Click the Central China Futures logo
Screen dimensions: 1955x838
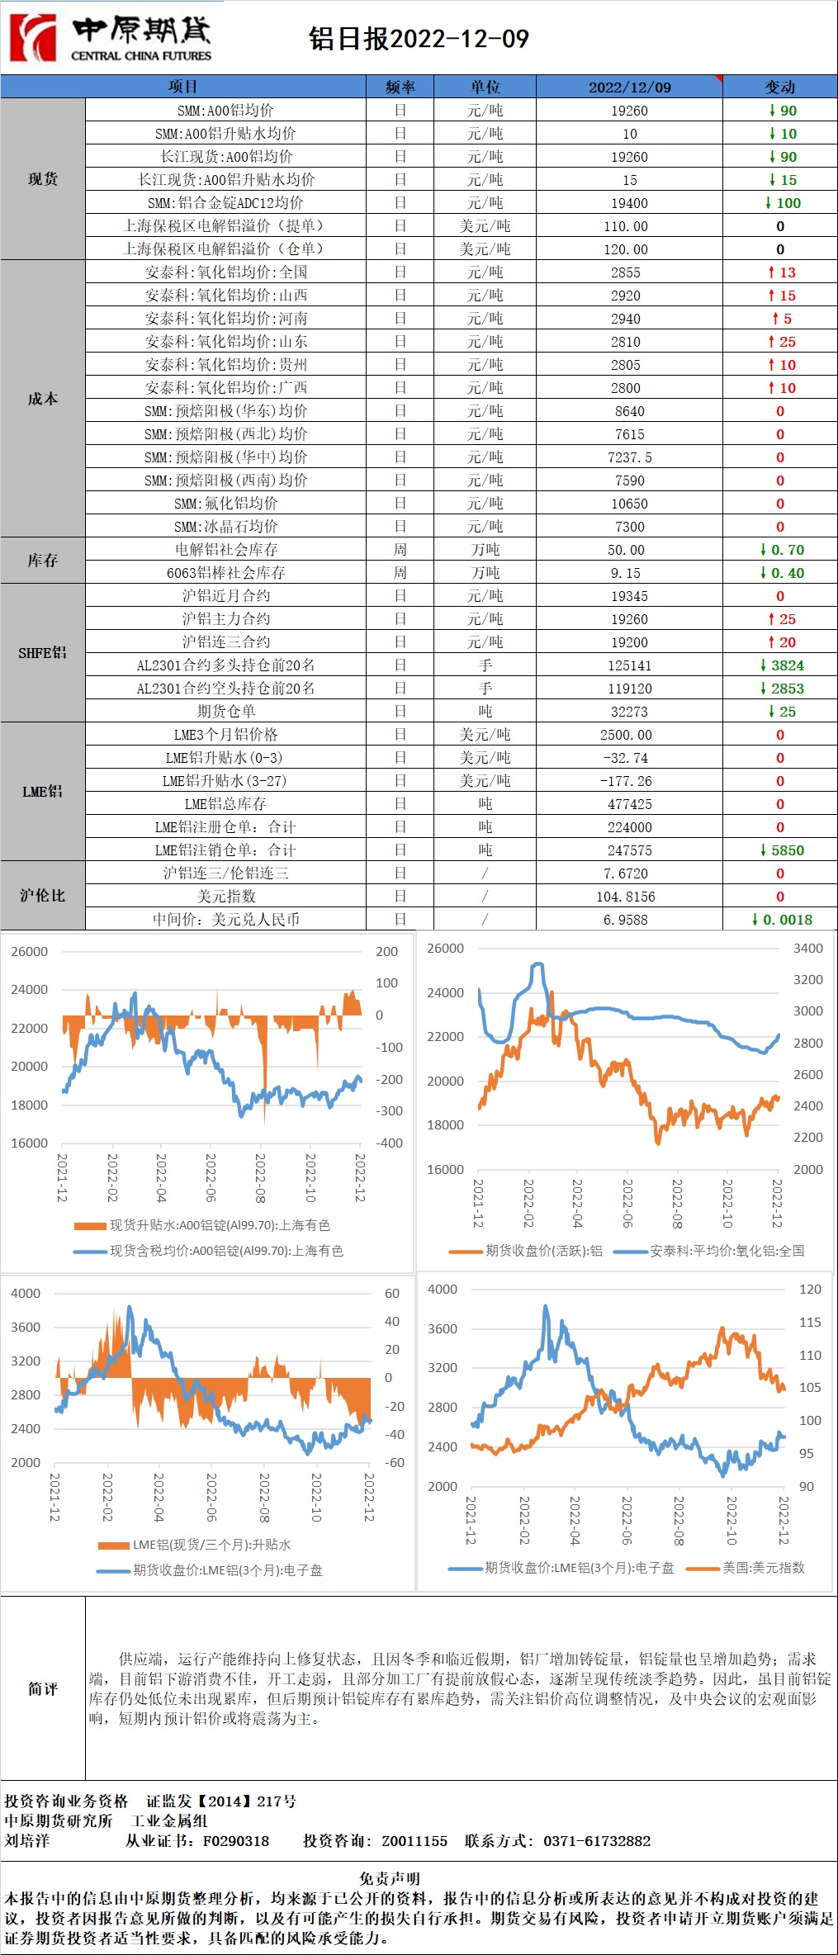pyautogui.click(x=111, y=37)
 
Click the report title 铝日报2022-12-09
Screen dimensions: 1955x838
pyautogui.click(x=419, y=39)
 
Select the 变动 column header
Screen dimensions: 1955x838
pyautogui.click(x=779, y=87)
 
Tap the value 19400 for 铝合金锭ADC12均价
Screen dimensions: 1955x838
pyautogui.click(x=629, y=203)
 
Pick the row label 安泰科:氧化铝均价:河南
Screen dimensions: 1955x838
pyautogui.click(x=225, y=319)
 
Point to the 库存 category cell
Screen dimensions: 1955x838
pyautogui.click(x=43, y=561)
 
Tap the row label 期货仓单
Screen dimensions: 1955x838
pyautogui.click(x=225, y=712)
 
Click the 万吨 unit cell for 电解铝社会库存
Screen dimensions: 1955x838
pyautogui.click(x=485, y=550)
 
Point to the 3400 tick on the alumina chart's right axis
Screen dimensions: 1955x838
pyautogui.click(x=807, y=949)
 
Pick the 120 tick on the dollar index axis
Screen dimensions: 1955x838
pyautogui.click(x=809, y=1290)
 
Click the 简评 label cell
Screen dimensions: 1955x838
pyautogui.click(x=43, y=1689)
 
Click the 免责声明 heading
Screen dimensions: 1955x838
pyautogui.click(x=390, y=1878)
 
